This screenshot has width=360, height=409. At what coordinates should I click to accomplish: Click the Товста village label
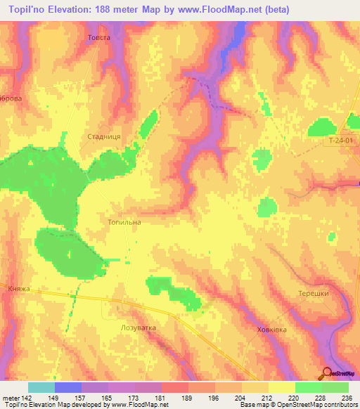(98, 37)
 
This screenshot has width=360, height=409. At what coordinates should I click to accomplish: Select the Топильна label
(124, 222)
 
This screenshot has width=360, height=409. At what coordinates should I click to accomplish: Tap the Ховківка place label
(272, 329)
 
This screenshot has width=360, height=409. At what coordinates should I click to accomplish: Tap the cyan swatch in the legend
(41, 387)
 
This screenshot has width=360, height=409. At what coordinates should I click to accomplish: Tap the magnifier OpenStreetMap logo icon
(328, 374)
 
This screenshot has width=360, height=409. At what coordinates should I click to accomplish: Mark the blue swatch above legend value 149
(68, 387)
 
